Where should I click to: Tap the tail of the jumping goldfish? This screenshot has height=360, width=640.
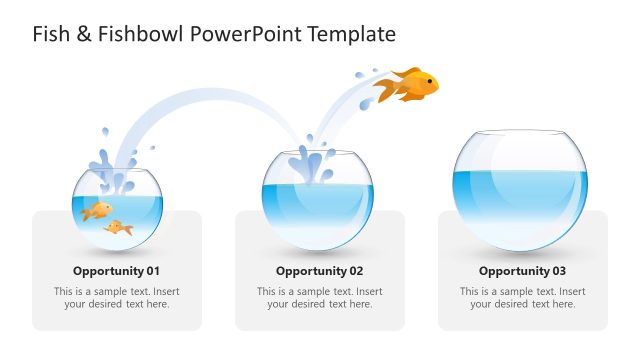386,92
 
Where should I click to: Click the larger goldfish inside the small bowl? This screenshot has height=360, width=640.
97,210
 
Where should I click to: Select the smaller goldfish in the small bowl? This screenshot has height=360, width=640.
119,228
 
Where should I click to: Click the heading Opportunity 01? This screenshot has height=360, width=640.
116,271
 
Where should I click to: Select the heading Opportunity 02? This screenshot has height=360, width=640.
319,271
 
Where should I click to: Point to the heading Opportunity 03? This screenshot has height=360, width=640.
522,271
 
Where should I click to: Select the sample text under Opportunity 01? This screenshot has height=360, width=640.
116,298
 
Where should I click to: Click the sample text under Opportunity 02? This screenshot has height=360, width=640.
319,298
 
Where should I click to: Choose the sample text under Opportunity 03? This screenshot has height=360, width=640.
522,298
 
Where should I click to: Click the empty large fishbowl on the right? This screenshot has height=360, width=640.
520,190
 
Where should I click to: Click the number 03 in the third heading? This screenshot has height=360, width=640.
557,271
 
